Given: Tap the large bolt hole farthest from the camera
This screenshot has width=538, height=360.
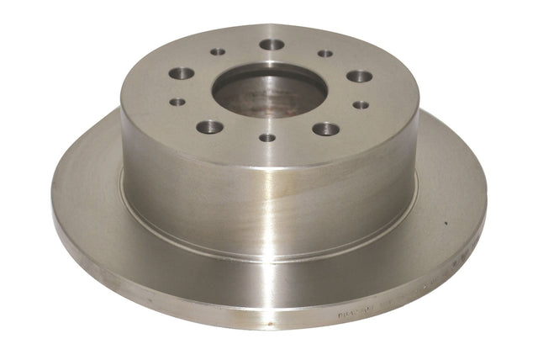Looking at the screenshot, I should pos(272,45).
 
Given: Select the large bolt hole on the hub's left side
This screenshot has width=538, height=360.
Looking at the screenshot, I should pos(181,73).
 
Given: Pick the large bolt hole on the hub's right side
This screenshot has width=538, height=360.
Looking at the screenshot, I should pos(359,76).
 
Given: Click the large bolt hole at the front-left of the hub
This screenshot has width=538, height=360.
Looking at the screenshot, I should pos(209,127).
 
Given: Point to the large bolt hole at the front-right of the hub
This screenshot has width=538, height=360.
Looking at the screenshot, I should pos(325,129).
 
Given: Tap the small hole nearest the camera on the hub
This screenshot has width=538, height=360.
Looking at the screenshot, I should pos(266,137).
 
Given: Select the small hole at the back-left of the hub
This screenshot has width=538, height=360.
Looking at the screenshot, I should pos(218,51).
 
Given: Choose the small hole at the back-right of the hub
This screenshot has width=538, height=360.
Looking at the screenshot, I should pos(324,53).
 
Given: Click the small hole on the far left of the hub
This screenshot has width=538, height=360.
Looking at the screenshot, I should pos(177,102).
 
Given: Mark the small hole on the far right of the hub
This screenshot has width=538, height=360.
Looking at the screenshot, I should pos(361,105).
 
